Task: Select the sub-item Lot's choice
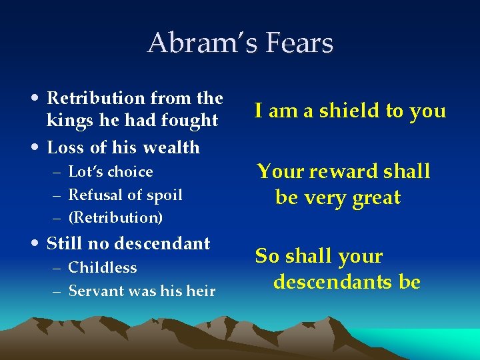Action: [111, 172]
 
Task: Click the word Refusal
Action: [92, 195]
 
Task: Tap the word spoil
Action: [165, 195]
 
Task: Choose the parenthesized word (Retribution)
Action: [116, 218]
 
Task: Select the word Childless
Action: [103, 268]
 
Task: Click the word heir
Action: [201, 291]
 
